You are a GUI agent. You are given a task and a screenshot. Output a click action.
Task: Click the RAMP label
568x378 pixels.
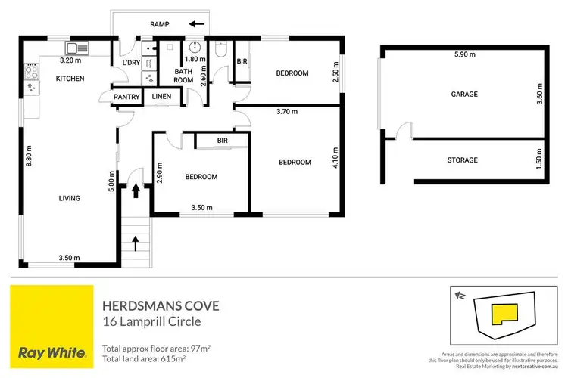pos(159,24)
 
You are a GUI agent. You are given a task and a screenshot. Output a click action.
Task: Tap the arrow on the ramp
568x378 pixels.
pos(197,24)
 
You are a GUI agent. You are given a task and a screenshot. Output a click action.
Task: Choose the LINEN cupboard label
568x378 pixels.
pos(161,97)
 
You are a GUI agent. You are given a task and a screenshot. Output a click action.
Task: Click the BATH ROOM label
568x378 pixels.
pos(184,75)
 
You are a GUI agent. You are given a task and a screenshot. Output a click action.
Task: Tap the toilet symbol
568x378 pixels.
pos(220,51)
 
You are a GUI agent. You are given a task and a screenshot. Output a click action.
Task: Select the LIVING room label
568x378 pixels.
pos(69,198)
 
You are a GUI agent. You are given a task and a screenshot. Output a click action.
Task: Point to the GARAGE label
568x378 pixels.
pos(464,94)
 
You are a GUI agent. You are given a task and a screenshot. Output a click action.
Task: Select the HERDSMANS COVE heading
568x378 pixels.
pos(161,305)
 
